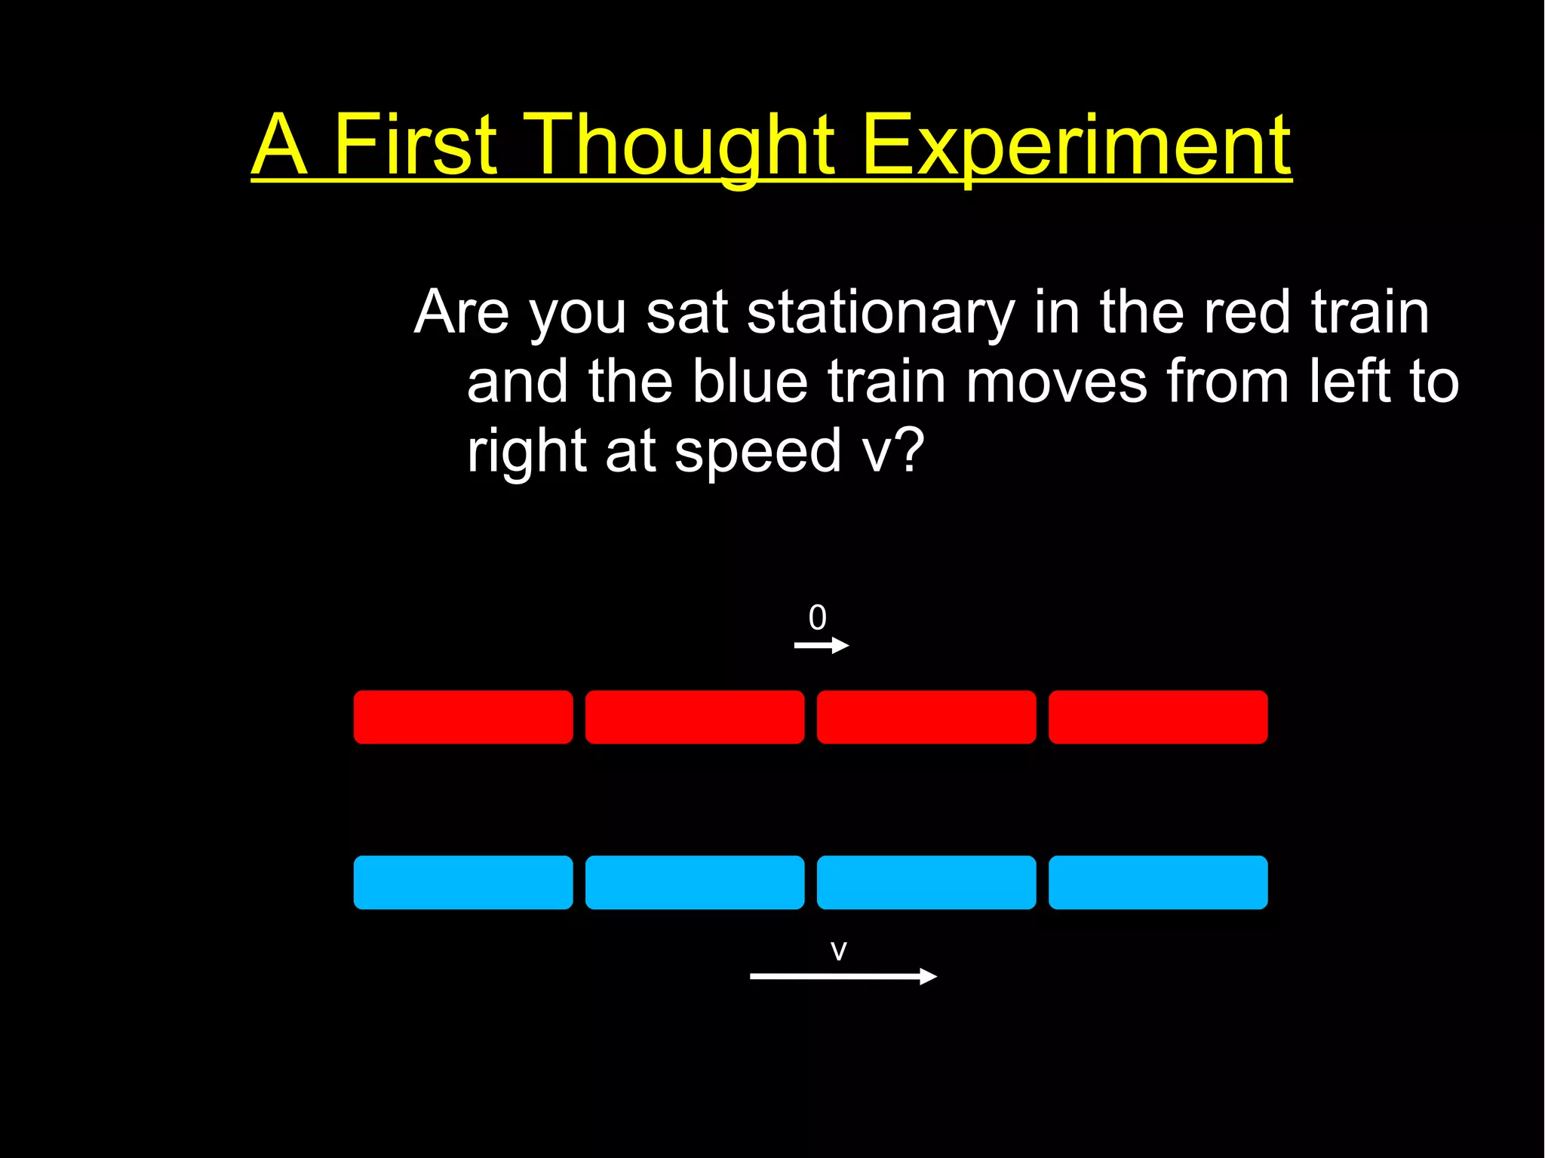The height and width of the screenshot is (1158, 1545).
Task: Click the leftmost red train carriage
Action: [463, 717]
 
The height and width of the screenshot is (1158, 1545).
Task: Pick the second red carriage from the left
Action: [695, 717]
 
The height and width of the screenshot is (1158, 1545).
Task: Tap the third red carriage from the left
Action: [926, 717]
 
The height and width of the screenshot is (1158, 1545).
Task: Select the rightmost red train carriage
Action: [1158, 717]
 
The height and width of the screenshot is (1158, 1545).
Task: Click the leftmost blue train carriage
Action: [463, 882]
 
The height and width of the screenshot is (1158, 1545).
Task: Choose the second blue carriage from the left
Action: [695, 882]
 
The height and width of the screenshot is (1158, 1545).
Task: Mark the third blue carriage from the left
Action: [926, 882]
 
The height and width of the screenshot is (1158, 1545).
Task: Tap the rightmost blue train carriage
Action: [1158, 882]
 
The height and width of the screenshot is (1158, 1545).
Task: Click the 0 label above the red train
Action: [818, 618]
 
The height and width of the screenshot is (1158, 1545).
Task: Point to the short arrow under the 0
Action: [822, 645]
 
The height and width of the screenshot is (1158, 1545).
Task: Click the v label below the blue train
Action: [839, 951]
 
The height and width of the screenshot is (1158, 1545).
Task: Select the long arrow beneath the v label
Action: [843, 976]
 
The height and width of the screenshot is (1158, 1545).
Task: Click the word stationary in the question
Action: [881, 312]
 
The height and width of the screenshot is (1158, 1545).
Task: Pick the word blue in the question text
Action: [751, 382]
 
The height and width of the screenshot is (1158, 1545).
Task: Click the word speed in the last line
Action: [757, 451]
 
